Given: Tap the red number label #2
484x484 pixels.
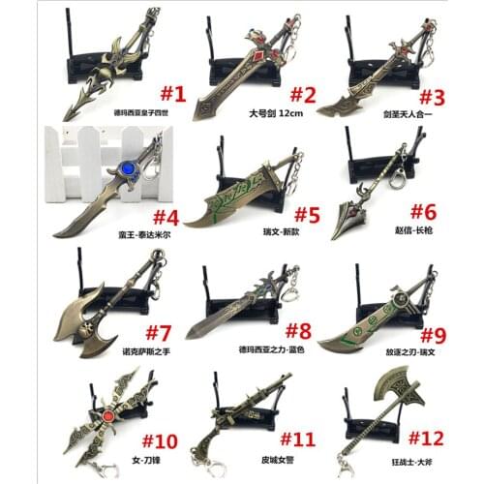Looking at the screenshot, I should [x=303, y=95].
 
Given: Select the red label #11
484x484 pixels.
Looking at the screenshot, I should [x=303, y=439].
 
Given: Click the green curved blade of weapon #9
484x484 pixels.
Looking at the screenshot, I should [x=373, y=329].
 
